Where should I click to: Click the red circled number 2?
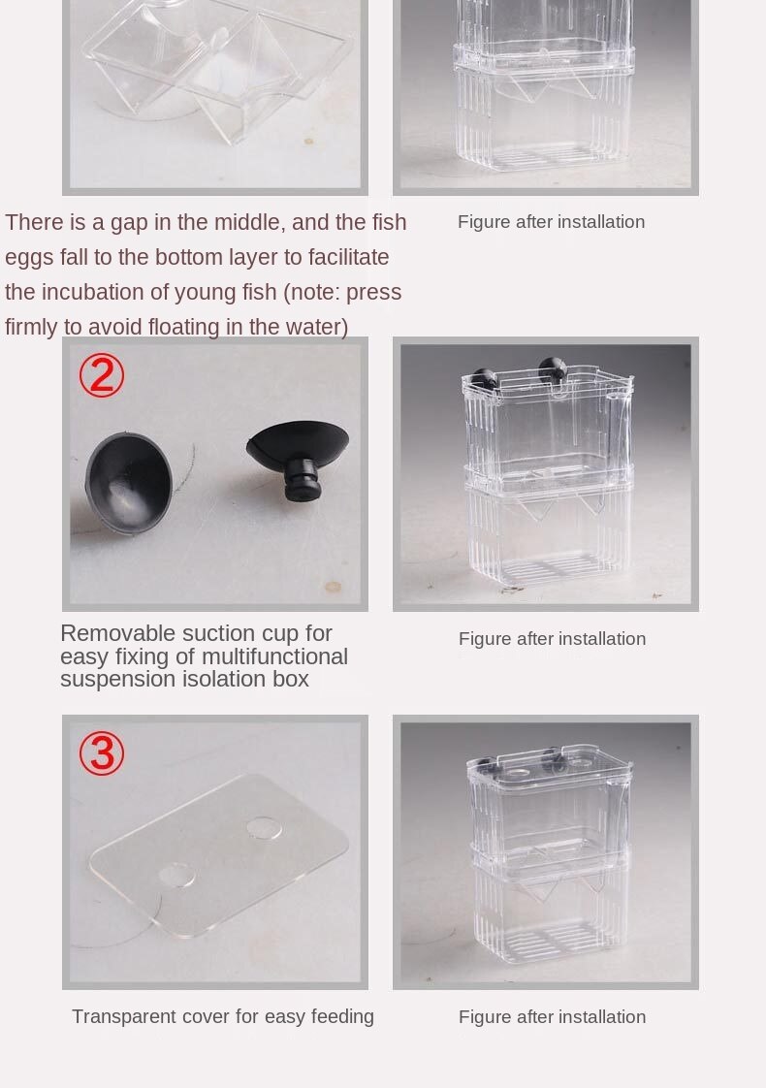pos(101,375)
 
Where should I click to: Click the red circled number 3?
pos(101,752)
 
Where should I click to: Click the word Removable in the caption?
pos(116,633)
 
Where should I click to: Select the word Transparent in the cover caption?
pos(123,1016)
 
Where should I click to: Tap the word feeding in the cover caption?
pos(342,1016)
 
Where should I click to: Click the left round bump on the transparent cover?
pos(176,876)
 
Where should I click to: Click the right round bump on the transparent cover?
pos(263,828)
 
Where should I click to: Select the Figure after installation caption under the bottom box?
pos(552,1016)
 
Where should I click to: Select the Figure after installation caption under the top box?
pos(551,222)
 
